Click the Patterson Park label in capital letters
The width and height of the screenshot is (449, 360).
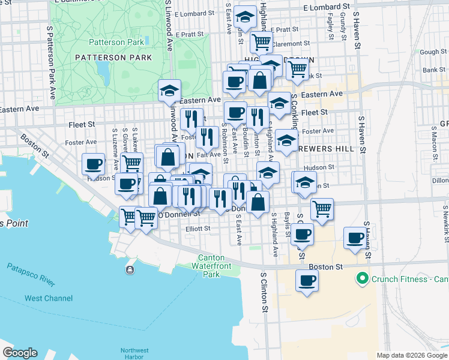pos(113,58)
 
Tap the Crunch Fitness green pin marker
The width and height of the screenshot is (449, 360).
pos(362,279)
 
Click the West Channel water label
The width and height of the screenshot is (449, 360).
pos(48,298)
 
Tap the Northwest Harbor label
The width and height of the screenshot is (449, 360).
pos(134,354)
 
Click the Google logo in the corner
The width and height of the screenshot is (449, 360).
pos(20,353)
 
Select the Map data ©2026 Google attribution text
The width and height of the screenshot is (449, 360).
pos(411,355)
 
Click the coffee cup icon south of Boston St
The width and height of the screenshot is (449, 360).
pos(307,281)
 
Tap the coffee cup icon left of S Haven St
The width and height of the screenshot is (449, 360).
pos(355,238)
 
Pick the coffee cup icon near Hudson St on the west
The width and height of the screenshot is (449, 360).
pos(94,163)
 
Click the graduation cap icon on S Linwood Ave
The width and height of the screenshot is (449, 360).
pos(169,91)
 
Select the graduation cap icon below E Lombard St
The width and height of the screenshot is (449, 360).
pos(245,17)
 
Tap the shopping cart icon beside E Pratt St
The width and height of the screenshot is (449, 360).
pos(261,42)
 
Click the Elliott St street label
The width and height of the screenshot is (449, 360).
pos(198,229)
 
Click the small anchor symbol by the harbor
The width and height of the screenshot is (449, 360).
pos(129,269)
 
